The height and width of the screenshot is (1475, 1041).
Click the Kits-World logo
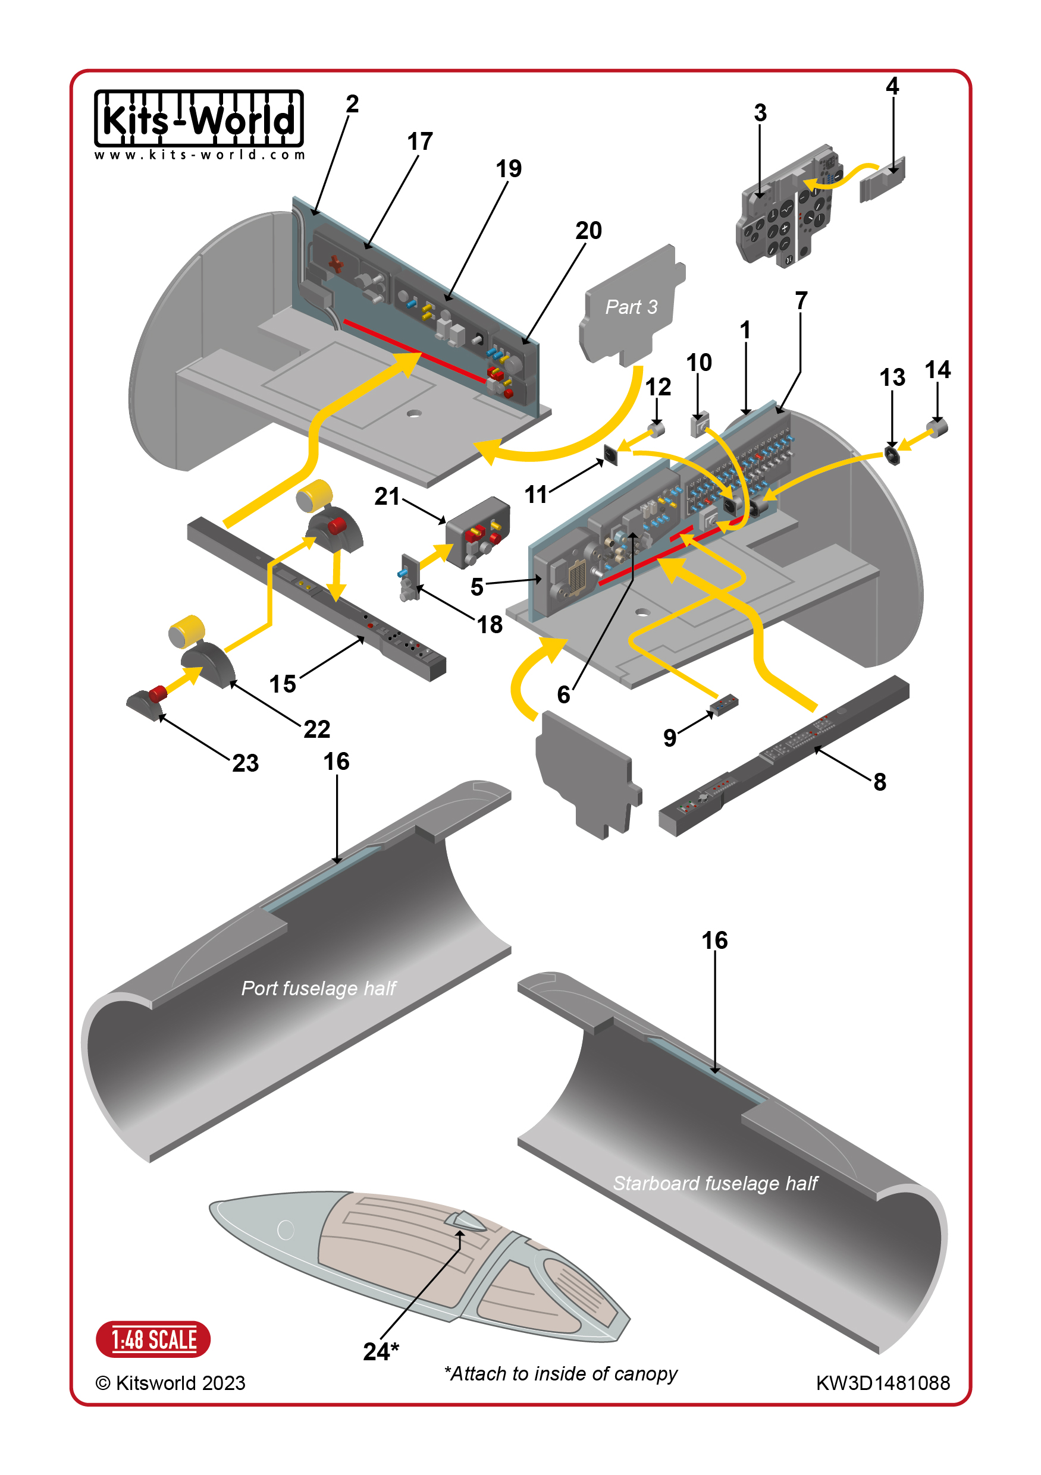pyautogui.click(x=199, y=119)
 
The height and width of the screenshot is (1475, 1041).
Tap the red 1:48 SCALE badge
pyautogui.click(x=153, y=1339)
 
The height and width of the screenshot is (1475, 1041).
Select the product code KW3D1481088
pyautogui.click(x=882, y=1383)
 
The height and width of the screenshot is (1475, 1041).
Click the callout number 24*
pyautogui.click(x=381, y=1351)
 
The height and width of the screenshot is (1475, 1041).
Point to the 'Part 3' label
pyautogui.click(x=631, y=307)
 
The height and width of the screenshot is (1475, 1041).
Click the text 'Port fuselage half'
pyautogui.click(x=319, y=988)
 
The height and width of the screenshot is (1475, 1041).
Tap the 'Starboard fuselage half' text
pyautogui.click(x=715, y=1183)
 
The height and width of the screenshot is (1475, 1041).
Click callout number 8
pyautogui.click(x=880, y=782)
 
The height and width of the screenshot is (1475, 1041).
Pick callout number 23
pyautogui.click(x=246, y=763)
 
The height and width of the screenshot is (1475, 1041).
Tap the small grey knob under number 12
pyautogui.click(x=656, y=429)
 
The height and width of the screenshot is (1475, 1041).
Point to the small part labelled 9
pyautogui.click(x=724, y=704)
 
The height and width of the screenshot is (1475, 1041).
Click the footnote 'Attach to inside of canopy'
pyautogui.click(x=561, y=1373)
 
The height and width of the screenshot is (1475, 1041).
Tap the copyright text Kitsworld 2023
pyautogui.click(x=171, y=1383)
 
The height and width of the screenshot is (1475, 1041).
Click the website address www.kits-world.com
pyautogui.click(x=199, y=155)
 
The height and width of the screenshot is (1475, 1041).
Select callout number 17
pyautogui.click(x=420, y=141)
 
